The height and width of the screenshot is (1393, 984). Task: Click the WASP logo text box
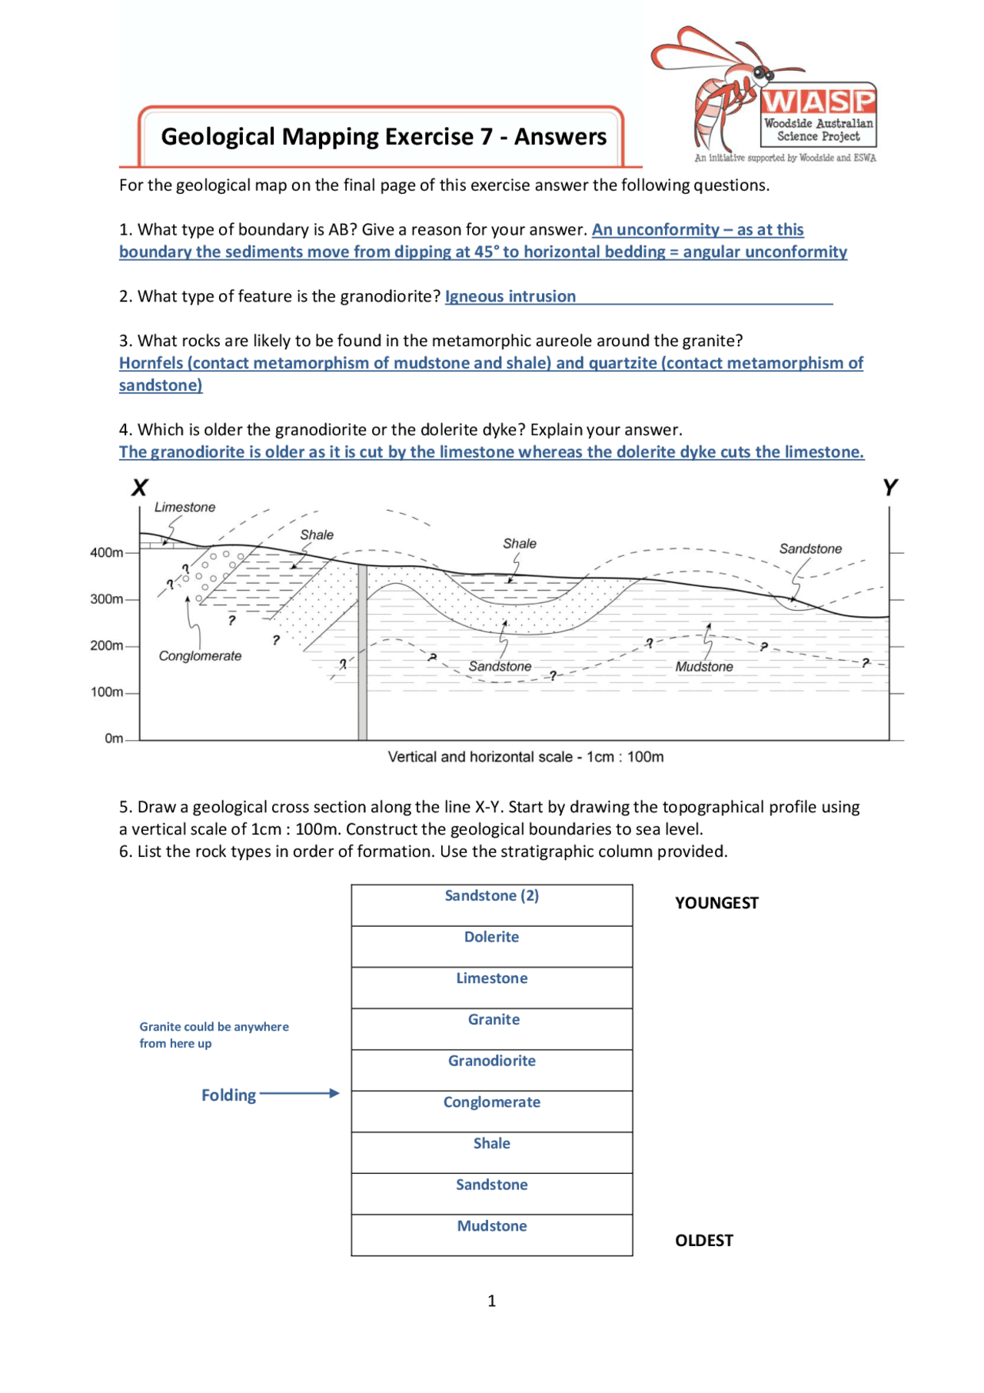click(818, 115)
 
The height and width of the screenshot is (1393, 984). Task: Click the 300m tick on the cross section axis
click(108, 599)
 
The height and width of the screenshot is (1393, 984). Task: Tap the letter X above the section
click(139, 488)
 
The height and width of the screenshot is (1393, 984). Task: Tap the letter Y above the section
click(889, 488)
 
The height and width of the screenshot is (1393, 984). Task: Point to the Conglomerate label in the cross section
click(200, 656)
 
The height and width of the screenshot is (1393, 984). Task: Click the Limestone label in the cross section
click(184, 508)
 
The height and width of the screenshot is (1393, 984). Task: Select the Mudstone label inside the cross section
click(703, 667)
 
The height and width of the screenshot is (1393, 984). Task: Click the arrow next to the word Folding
click(300, 1093)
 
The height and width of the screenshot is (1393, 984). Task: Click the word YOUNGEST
click(716, 903)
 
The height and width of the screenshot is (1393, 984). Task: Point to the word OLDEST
click(703, 1240)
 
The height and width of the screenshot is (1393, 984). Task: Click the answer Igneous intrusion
click(510, 297)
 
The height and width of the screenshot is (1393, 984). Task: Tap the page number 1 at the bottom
click(491, 1301)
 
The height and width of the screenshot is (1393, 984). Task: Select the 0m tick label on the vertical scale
click(114, 738)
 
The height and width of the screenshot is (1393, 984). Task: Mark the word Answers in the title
click(560, 137)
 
